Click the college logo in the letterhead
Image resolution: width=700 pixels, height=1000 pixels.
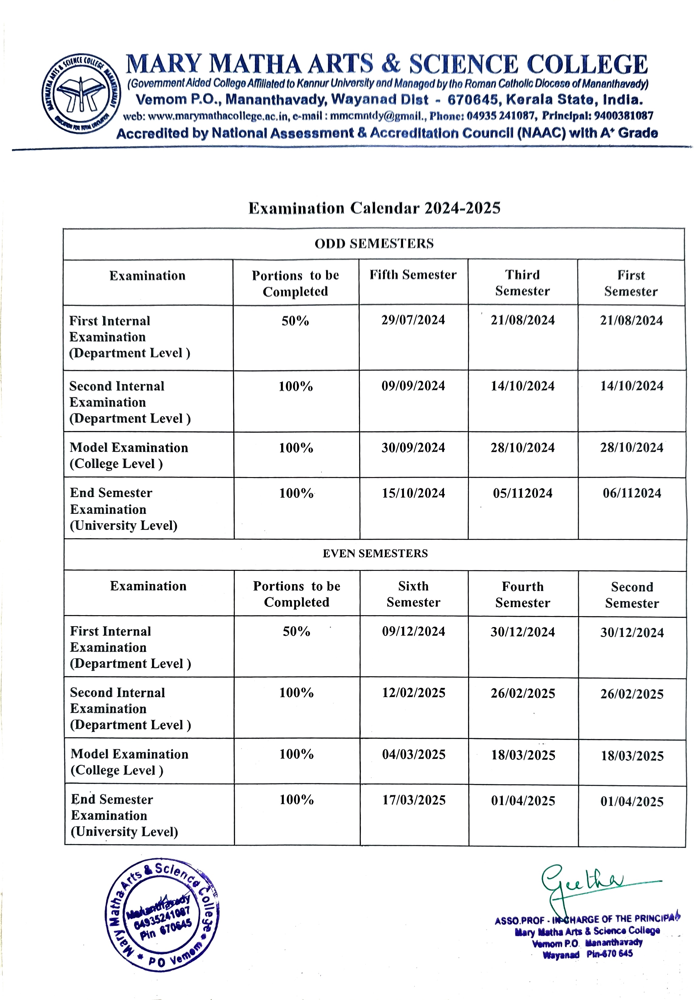pyautogui.click(x=81, y=94)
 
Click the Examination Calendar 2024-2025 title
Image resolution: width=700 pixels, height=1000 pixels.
pyautogui.click(x=374, y=208)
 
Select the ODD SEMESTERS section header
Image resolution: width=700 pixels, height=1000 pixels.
pyautogui.click(x=374, y=243)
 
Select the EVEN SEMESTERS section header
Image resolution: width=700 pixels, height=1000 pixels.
pyautogui.click(x=375, y=553)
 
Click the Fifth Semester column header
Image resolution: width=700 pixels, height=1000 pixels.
pyautogui.click(x=413, y=275)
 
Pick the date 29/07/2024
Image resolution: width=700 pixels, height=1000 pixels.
pyautogui.click(x=413, y=320)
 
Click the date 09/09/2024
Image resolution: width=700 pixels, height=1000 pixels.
pyautogui.click(x=413, y=386)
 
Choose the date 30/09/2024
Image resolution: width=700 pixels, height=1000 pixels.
pyautogui.click(x=413, y=448)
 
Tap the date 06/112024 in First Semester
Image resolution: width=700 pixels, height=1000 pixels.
pyautogui.click(x=632, y=493)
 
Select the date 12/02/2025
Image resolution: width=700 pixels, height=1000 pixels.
pyautogui.click(x=414, y=693)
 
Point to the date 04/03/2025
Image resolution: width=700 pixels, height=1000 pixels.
pyautogui.click(x=414, y=754)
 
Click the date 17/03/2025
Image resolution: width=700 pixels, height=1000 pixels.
pyautogui.click(x=414, y=800)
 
